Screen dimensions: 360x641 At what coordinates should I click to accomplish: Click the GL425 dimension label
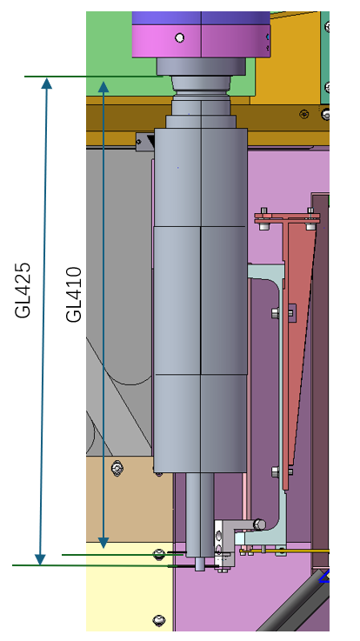click(x=23, y=290)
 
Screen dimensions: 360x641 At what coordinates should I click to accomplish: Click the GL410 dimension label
click(x=74, y=294)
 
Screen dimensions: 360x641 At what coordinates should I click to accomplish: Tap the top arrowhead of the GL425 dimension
click(x=47, y=83)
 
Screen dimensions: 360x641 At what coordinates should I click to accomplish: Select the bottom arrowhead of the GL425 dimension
click(x=40, y=559)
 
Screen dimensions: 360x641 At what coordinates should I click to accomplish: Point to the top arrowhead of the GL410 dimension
click(x=103, y=87)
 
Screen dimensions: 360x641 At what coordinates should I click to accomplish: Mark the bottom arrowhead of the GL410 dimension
click(x=103, y=543)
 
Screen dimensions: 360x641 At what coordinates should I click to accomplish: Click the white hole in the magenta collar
click(x=179, y=38)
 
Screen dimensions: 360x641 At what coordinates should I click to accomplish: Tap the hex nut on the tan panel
click(x=117, y=468)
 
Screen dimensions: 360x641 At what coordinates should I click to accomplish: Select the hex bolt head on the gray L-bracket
click(x=258, y=524)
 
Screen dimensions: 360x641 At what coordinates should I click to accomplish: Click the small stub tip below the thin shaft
click(x=200, y=564)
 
